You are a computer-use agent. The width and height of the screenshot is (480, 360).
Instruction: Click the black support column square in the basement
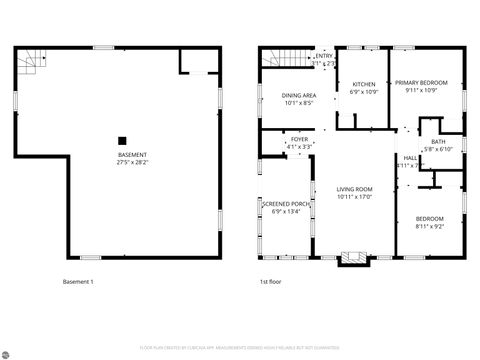click(x=122, y=141)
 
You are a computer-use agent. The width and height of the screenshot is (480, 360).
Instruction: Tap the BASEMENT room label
click(x=133, y=155)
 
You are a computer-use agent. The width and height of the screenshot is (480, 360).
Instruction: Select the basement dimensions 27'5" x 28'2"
click(x=133, y=162)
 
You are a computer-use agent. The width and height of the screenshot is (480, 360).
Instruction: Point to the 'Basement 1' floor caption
click(x=77, y=282)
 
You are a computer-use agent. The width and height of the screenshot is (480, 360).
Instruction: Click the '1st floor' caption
click(x=271, y=282)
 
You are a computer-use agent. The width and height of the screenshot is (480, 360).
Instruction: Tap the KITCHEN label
click(x=363, y=84)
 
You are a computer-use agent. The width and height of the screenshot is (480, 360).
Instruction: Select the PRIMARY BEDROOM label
click(x=420, y=83)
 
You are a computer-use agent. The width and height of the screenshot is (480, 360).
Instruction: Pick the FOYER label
click(x=300, y=140)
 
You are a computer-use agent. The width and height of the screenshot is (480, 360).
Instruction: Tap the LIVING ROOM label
click(x=354, y=189)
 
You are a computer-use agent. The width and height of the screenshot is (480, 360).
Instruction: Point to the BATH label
click(x=438, y=142)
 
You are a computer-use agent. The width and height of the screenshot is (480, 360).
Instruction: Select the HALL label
click(x=410, y=158)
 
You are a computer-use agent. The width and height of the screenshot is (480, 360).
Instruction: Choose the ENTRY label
click(x=323, y=56)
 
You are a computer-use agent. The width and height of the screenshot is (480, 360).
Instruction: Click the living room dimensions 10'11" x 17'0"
click(x=354, y=197)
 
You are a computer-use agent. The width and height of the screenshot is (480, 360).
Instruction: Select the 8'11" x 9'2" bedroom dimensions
click(x=430, y=226)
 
